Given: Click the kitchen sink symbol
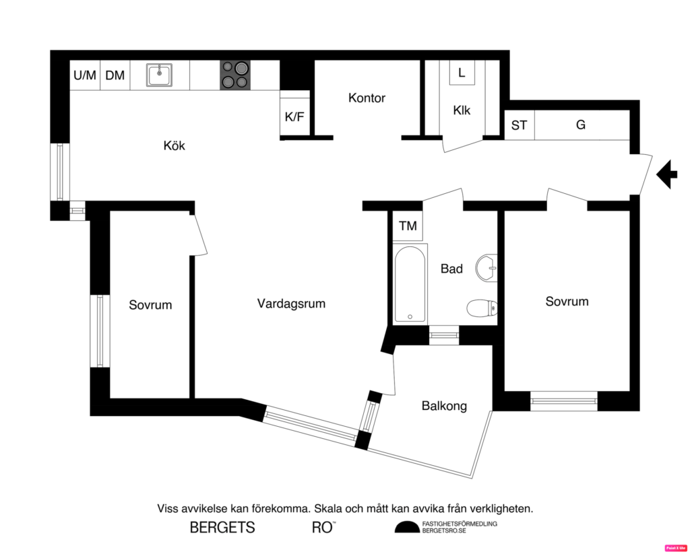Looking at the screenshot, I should point(160,75).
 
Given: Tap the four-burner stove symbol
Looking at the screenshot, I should point(235,75).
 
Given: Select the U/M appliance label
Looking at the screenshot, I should point(85,75).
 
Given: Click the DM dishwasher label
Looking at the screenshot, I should point(115,75).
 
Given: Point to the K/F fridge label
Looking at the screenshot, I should point(294,116).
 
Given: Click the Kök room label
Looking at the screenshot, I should point(174,145).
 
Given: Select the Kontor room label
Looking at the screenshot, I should point(367,98).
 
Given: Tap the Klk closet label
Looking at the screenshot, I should point(462,110).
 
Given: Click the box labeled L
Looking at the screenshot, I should point(462,73).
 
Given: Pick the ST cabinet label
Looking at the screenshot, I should point(519,125).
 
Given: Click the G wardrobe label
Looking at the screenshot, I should point(581,125).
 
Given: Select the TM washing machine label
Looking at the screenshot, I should point(408,226).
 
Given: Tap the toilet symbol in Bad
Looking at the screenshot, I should point(482,308).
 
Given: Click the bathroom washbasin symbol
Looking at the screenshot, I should point(486,268).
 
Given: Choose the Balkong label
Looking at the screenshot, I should point(444,406).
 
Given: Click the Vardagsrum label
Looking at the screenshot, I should point(291,304).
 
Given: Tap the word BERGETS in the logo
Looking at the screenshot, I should point(222,528).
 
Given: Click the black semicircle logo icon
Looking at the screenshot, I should point(406,527).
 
